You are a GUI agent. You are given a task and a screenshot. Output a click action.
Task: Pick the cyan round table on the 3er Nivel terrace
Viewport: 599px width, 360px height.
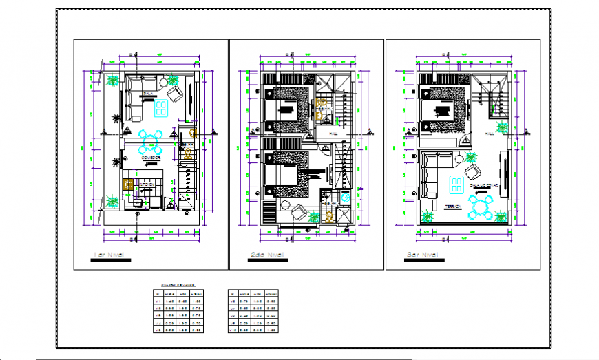pyautogui.click(x=481, y=206)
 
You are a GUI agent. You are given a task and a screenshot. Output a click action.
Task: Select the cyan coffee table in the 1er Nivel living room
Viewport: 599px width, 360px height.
pyautogui.click(x=161, y=107)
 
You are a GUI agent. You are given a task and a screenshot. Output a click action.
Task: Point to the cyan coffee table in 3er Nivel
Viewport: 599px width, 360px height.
pyautogui.click(x=456, y=182)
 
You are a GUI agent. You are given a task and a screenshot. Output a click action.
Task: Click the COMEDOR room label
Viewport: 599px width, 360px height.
pyautogui.click(x=151, y=158)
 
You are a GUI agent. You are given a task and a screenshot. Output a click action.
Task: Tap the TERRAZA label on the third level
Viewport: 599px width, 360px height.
pyautogui.click(x=453, y=205)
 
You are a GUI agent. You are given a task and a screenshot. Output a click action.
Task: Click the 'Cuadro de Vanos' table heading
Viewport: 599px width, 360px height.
pyautogui.click(x=177, y=284)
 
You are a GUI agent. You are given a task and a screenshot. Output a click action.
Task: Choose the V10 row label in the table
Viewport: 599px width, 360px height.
pyautogui.click(x=233, y=330)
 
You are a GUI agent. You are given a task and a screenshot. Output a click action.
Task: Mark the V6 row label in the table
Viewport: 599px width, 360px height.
pyautogui.click(x=233, y=300)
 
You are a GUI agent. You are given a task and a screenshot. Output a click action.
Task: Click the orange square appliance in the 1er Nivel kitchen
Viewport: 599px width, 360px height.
pyautogui.click(x=127, y=184)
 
